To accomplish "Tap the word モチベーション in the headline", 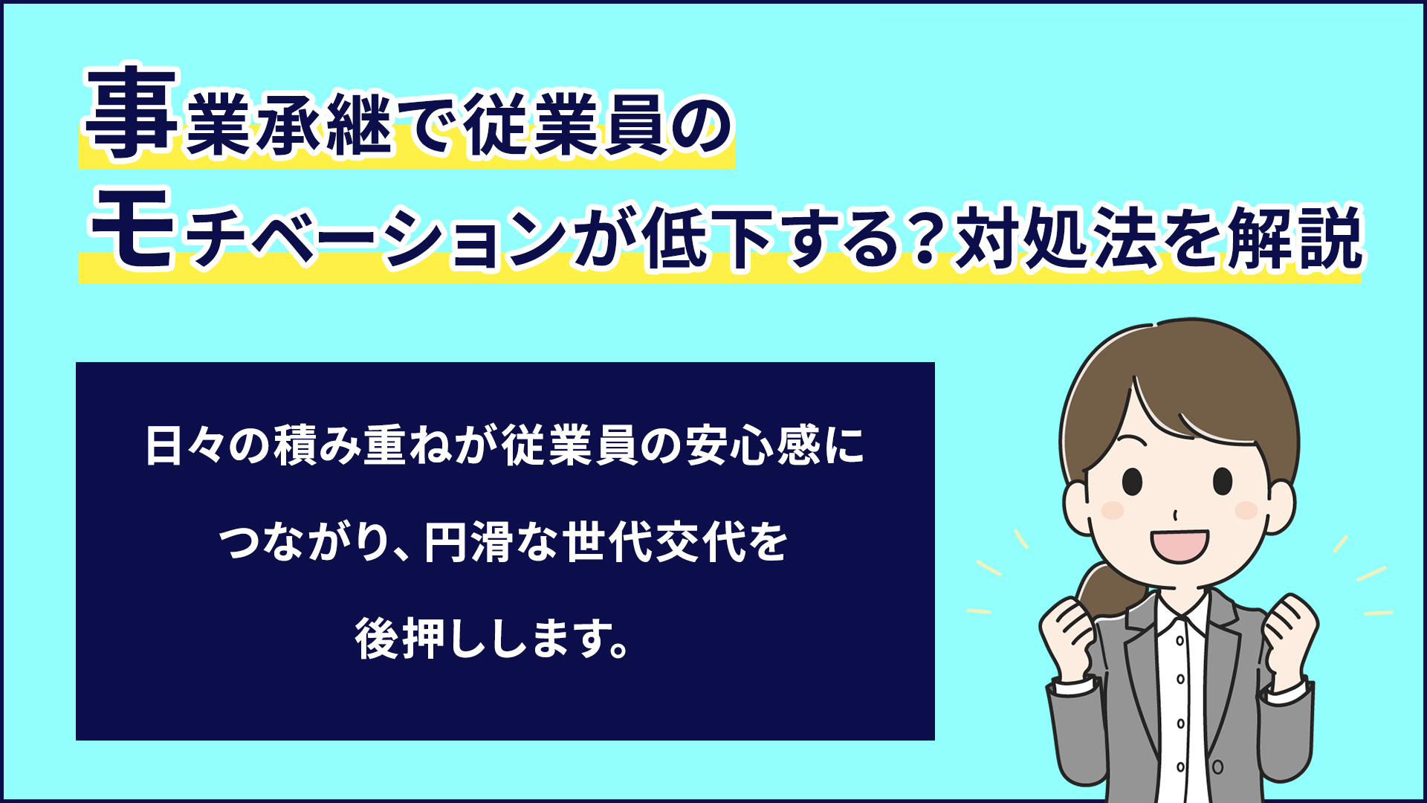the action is point(328,234).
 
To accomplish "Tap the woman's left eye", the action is point(1132,481).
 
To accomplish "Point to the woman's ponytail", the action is point(1107,591).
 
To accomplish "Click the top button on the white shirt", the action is point(1180,640).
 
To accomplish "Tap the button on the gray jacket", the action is point(1217,766).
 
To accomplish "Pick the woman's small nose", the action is point(1175,515).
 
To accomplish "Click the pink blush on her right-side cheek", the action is point(1246,510).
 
